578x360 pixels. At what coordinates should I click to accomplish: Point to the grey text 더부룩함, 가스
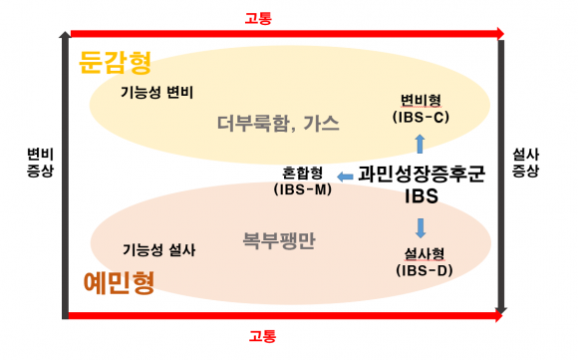click(279, 125)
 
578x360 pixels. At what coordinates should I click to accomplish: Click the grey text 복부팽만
click(279, 240)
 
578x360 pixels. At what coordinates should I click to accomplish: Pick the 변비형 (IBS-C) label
click(421, 107)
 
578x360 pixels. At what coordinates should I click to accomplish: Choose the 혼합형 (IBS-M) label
click(302, 180)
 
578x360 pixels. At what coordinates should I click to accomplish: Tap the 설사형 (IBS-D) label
click(423, 261)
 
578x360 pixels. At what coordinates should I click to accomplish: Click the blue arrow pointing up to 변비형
click(421, 143)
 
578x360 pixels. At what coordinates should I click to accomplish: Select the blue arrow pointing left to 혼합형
click(346, 177)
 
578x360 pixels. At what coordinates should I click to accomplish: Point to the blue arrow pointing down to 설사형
click(421, 225)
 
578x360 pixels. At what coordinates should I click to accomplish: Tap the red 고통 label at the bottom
click(262, 336)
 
